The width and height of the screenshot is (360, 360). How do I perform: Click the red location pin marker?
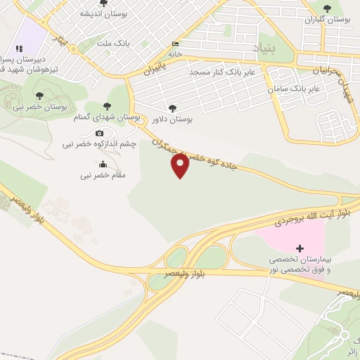pyautogui.click(x=181, y=165)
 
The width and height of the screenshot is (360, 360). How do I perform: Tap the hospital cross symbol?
pyautogui.click(x=300, y=248)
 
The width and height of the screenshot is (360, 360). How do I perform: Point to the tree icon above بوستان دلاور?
pyautogui.click(x=173, y=108)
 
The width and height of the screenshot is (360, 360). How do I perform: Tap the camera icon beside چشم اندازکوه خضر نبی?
pyautogui.click(x=99, y=134)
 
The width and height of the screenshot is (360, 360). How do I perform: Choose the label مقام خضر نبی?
pyautogui.click(x=103, y=174)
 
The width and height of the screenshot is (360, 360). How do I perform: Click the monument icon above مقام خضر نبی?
pyautogui.click(x=103, y=164)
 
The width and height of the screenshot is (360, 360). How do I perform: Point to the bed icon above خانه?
pyautogui.click(x=174, y=44)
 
